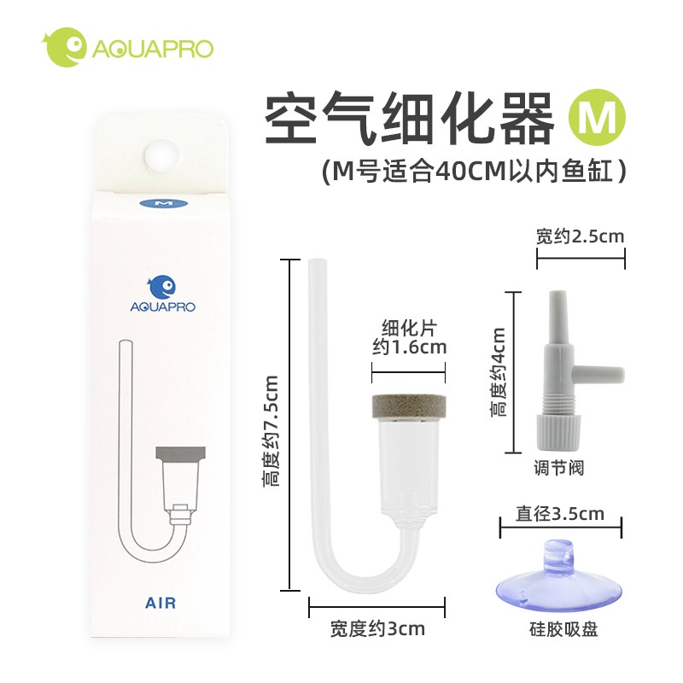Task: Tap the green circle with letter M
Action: pyautogui.click(x=597, y=117)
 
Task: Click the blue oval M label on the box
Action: pyautogui.click(x=163, y=203)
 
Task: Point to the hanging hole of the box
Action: pyautogui.click(x=162, y=157)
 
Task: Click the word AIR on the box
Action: pyautogui.click(x=161, y=604)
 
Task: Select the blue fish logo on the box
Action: pyautogui.click(x=161, y=287)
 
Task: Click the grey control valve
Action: pyautogui.click(x=565, y=371)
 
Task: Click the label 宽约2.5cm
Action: pyautogui.click(x=581, y=236)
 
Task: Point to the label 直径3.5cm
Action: pyautogui.click(x=560, y=514)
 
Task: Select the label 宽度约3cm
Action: pyautogui.click(x=377, y=629)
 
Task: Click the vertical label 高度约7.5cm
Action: pyautogui.click(x=270, y=431)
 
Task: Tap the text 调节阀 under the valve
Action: pyautogui.click(x=559, y=468)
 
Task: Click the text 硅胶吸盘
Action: pyautogui.click(x=563, y=629)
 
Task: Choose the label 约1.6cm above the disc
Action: pyautogui.click(x=410, y=347)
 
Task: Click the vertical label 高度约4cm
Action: pyautogui.click(x=498, y=372)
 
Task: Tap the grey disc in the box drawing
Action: pyautogui.click(x=180, y=453)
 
